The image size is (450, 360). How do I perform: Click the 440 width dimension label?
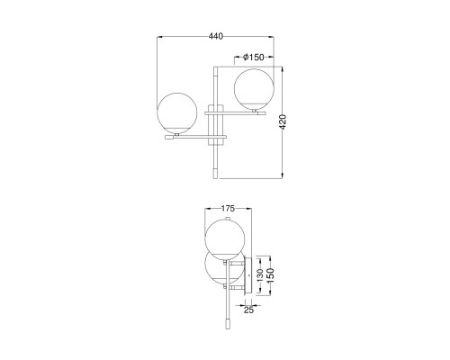216,36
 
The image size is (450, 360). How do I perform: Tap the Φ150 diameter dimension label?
254,57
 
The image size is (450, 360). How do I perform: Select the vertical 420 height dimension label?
283,121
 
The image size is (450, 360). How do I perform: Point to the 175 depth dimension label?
228,208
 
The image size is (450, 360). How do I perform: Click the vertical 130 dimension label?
260,275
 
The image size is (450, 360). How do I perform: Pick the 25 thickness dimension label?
248,310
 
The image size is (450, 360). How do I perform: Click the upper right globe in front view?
254,89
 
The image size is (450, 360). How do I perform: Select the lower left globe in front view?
177,112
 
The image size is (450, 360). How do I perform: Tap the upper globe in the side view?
225,239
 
